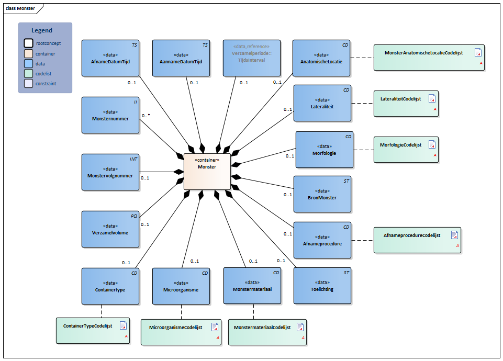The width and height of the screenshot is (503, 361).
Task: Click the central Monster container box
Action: (x=207, y=171)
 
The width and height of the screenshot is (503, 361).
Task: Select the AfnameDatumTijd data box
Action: (x=110, y=58)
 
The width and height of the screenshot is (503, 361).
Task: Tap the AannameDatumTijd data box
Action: (x=181, y=58)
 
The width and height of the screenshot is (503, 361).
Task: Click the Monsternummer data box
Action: (x=110, y=115)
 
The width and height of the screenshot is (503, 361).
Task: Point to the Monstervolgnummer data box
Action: (x=110, y=172)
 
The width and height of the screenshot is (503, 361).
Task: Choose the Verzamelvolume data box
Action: (x=110, y=229)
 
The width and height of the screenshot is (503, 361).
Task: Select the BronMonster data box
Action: (x=322, y=194)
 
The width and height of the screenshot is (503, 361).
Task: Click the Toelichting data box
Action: (x=322, y=286)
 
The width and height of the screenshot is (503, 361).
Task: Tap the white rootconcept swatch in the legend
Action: (x=28, y=43)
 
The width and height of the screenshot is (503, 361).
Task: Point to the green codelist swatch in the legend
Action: (x=28, y=73)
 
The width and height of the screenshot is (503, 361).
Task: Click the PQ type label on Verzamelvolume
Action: (x=133, y=216)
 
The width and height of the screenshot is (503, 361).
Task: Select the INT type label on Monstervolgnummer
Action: (x=133, y=159)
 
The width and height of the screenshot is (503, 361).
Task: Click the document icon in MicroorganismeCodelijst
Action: (x=215, y=327)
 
